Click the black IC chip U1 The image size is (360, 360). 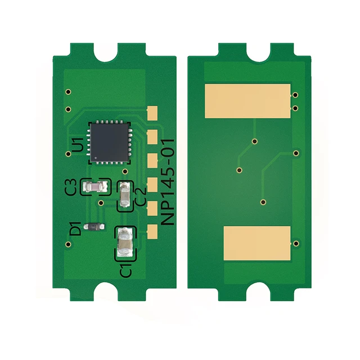(x=110, y=142)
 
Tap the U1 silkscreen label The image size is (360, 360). (x=78, y=145)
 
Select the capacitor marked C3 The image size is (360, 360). (x=95, y=186)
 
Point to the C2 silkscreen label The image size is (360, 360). (x=141, y=196)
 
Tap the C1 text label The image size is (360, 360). (x=126, y=270)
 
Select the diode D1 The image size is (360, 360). (x=94, y=227)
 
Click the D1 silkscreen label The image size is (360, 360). (x=75, y=229)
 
